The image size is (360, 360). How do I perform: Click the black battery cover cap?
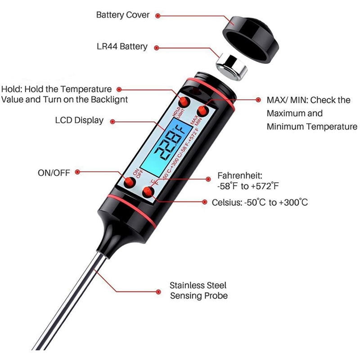(x=250, y=39)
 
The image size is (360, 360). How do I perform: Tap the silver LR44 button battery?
(x=232, y=66)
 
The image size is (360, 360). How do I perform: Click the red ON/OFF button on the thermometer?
(x=130, y=183)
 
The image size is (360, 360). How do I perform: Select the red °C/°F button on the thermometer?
(x=148, y=192)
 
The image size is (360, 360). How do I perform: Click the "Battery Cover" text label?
(x=123, y=15)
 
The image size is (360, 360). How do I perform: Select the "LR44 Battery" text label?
(x=122, y=46)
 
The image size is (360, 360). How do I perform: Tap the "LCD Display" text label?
(x=80, y=120)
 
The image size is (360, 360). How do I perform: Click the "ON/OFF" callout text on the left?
(x=54, y=173)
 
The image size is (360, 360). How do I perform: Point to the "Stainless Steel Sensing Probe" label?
(x=198, y=290)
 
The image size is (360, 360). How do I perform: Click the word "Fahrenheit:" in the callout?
(x=240, y=175)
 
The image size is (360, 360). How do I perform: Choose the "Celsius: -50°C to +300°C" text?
(x=260, y=202)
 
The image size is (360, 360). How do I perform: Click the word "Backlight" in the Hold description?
(x=109, y=99)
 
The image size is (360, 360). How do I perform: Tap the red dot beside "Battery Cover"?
(x=158, y=16)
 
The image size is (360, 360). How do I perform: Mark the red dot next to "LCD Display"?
(x=112, y=121)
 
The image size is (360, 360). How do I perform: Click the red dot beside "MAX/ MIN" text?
(x=258, y=99)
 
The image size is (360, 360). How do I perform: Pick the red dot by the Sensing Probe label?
(x=158, y=292)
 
